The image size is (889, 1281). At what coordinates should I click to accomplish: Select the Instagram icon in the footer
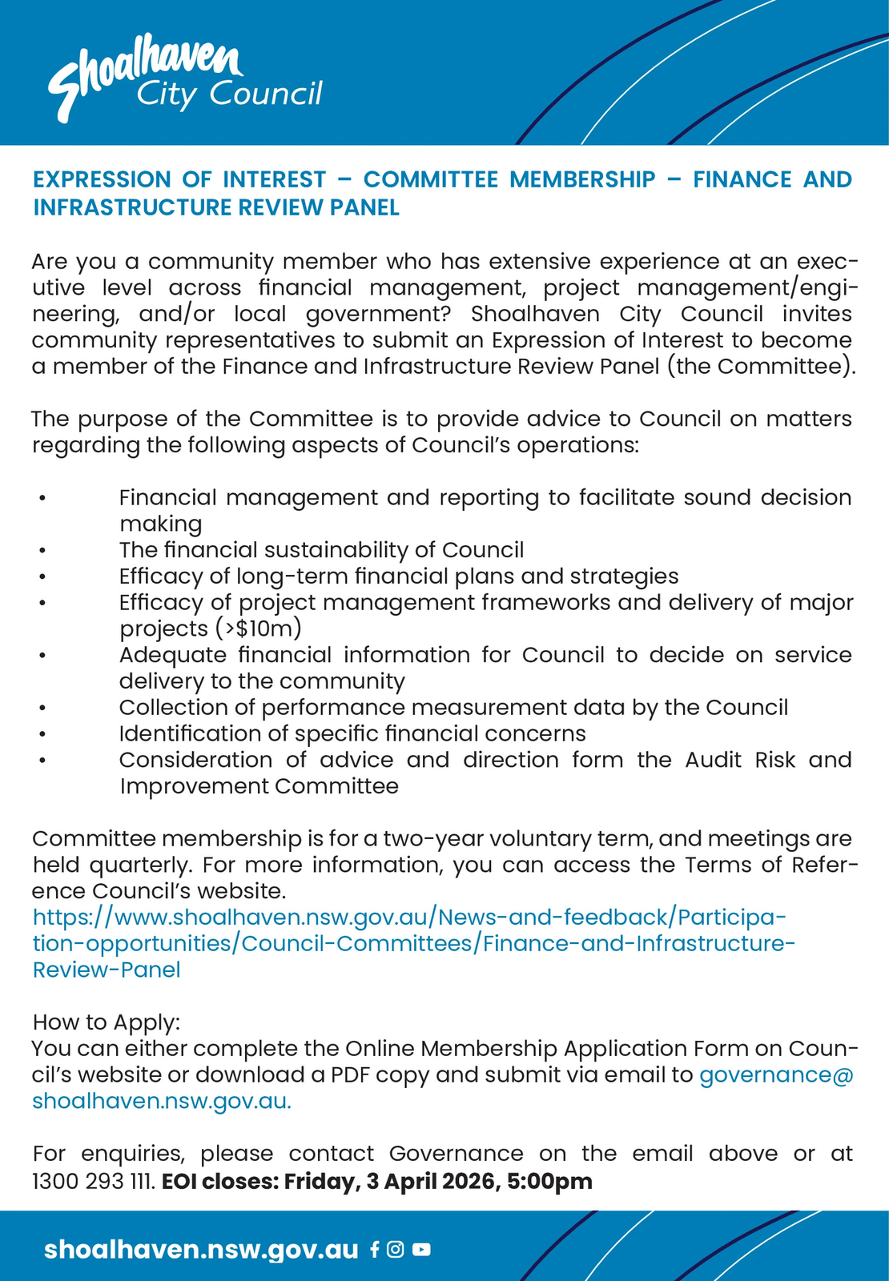coord(395,1249)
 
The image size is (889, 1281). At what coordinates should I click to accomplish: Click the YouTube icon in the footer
coord(421,1249)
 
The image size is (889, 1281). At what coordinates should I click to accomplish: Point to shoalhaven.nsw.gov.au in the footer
coord(201,1250)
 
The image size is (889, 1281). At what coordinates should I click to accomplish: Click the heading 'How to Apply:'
coord(107,1022)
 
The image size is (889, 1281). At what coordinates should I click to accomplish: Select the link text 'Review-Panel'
coord(107,970)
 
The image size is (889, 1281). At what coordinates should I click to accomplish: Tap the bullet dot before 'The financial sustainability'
coord(42,551)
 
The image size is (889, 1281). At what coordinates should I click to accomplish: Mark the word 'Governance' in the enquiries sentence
coord(456,1154)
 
